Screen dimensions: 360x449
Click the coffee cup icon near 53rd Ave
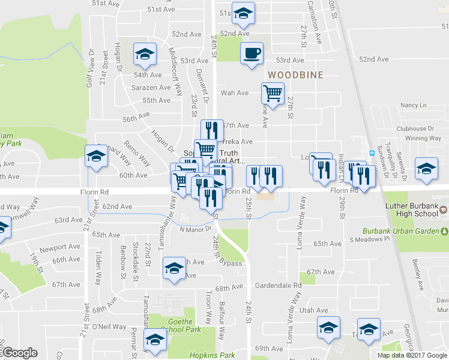[x=252, y=53]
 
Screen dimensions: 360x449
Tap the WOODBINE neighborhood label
[x=295, y=75]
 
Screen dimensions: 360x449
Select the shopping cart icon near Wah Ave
[x=273, y=94]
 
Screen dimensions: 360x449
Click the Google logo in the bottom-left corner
[x=20, y=353]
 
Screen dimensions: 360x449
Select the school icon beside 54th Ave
[x=144, y=55]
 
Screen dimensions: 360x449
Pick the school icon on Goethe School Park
[x=155, y=340]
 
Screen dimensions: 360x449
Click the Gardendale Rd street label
[x=278, y=286]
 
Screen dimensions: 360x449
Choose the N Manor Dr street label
[x=196, y=229]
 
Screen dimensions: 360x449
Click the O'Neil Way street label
[x=109, y=327]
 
